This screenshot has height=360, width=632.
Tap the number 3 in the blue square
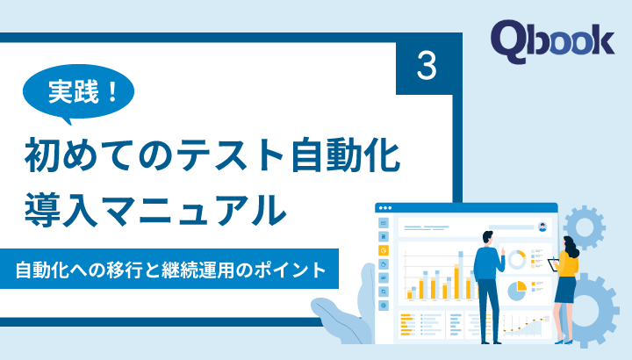427,67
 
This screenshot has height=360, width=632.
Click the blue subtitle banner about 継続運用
176,269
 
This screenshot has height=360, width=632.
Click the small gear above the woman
584,227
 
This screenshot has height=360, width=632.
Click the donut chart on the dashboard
517,258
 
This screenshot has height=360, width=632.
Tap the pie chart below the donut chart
518,287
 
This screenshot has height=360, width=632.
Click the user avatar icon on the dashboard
543,226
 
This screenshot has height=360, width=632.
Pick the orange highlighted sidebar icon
384,250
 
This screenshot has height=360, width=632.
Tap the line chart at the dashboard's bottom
525,325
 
